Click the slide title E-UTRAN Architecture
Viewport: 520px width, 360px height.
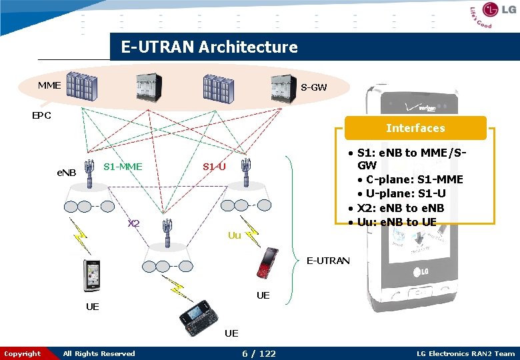click(209, 47)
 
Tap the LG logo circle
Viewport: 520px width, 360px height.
click(490, 10)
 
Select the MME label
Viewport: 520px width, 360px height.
click(49, 85)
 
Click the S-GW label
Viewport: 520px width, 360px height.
click(313, 87)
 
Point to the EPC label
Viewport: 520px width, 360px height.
click(42, 115)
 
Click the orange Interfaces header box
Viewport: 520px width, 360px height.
click(415, 128)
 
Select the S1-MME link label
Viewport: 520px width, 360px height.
click(123, 166)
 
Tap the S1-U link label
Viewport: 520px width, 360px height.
click(214, 166)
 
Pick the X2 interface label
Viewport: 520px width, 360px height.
click(134, 223)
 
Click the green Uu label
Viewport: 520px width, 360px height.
click(234, 235)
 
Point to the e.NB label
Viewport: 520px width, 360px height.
click(67, 173)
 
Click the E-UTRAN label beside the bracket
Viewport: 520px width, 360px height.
click(328, 261)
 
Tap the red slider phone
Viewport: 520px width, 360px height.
click(269, 263)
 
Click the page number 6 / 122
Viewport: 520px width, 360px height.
click(258, 353)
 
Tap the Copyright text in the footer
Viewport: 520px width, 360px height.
click(23, 353)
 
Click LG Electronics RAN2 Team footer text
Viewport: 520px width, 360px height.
click(465, 353)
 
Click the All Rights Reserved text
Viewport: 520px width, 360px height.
click(99, 353)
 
